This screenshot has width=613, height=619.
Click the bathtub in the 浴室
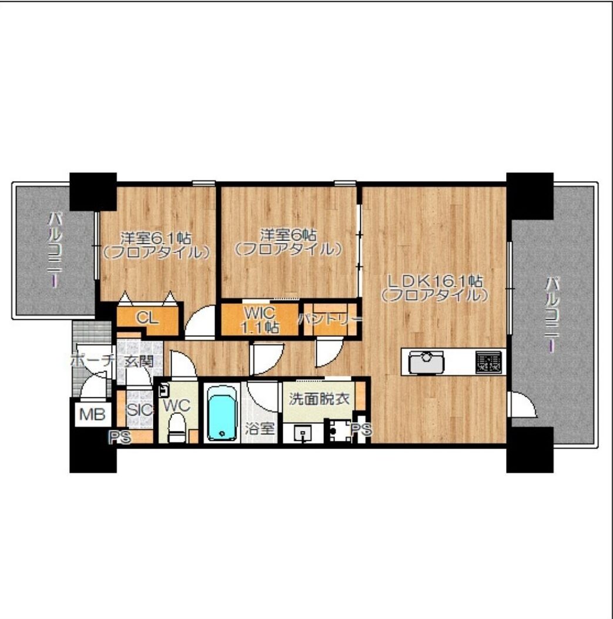tap(222, 413)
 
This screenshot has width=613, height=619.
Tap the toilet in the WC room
tap(177, 427)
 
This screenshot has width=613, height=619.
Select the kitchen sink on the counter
tap(426, 362)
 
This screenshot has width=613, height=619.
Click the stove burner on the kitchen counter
tap(488, 362)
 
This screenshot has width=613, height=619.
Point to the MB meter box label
tap(92, 414)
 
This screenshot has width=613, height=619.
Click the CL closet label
tap(148, 318)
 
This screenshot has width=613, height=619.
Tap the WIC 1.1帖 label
tap(259, 320)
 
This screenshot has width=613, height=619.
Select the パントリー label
tap(330, 319)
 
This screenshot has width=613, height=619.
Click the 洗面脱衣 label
tap(319, 399)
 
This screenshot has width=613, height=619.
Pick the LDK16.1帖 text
tap(435, 281)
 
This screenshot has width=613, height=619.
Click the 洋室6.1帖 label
tap(156, 238)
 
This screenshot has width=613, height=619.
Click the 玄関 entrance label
tap(139, 361)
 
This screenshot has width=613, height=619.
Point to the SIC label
tap(139, 410)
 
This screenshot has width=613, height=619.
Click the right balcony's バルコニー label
tap(553, 314)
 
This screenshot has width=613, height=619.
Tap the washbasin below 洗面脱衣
tap(303, 433)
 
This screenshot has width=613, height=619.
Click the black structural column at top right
tap(530, 196)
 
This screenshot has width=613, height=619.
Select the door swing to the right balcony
tap(524, 404)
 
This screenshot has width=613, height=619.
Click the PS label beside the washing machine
tap(361, 429)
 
